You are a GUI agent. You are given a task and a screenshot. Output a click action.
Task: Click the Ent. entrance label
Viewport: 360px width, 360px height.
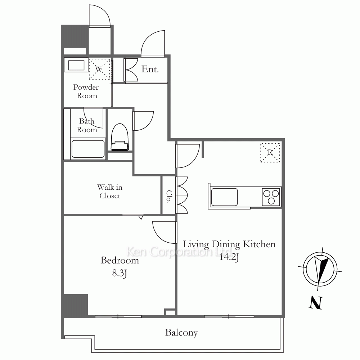point(150,69)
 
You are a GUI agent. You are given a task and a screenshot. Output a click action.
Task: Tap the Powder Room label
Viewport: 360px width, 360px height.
point(86,91)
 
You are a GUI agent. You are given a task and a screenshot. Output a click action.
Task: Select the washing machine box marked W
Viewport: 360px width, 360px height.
point(99,69)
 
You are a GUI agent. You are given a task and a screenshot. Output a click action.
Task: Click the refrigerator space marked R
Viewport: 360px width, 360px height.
point(270,153)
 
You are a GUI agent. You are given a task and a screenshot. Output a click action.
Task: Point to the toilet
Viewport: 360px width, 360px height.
point(120,137)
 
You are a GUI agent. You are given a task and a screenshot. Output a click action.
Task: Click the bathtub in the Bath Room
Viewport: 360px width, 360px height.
point(88,149)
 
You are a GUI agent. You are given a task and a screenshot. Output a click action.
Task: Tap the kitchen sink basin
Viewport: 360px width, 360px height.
point(224,197)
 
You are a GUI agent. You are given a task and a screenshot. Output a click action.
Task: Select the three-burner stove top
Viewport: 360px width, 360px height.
point(271,197)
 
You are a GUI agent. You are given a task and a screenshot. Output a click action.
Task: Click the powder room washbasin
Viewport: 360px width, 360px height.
point(76,65)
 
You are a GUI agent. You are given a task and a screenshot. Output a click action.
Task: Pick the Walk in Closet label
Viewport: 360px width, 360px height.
point(110,191)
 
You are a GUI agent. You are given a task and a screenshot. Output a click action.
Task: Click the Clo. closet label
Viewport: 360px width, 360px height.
point(169,197)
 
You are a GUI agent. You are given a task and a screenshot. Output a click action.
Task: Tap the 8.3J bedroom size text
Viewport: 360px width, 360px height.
point(120,273)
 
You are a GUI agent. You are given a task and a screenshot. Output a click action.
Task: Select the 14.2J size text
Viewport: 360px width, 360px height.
point(229,257)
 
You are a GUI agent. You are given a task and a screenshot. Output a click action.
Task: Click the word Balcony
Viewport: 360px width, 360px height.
point(181,333)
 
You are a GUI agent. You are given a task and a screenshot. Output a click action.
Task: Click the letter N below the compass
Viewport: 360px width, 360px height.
point(316,303)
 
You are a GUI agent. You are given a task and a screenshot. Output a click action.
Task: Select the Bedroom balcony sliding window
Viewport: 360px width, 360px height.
point(118,316)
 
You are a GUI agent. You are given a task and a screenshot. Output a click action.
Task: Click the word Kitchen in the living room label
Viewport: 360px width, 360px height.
point(259,244)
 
